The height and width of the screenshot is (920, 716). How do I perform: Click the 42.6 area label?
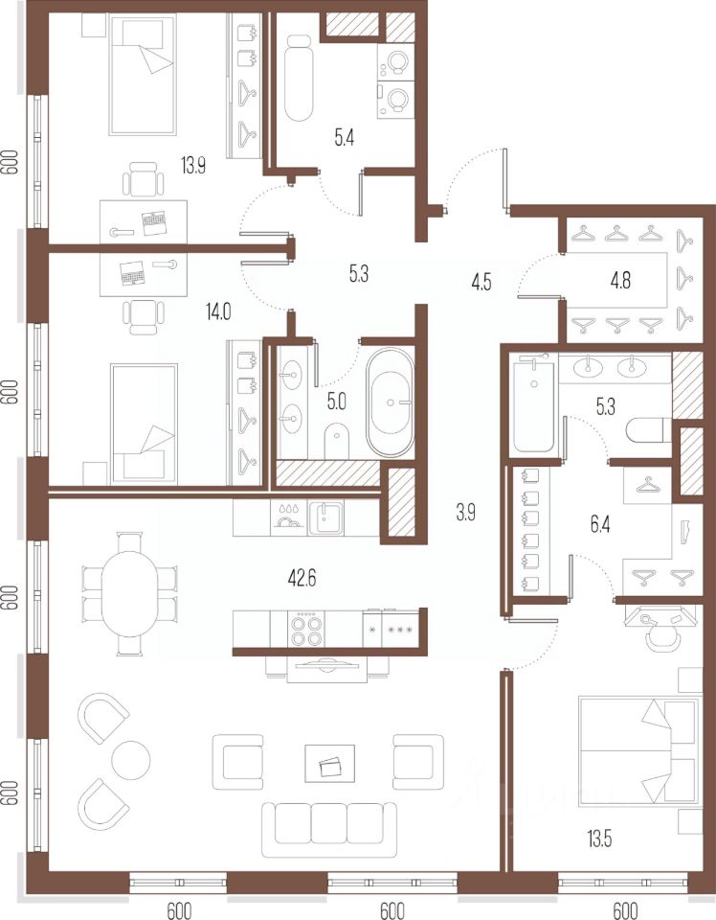302,579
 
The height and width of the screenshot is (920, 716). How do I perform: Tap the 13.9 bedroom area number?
192,166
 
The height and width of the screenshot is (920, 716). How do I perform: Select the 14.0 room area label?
218,311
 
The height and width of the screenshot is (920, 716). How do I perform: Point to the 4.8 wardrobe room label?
620,280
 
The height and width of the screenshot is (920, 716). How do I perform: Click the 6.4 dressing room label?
600,524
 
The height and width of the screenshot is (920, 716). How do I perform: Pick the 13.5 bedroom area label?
599,839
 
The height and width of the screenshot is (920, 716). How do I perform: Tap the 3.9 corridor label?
466,513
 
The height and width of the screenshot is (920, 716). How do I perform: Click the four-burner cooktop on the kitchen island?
306,629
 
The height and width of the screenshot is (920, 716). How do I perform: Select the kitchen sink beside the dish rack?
326,517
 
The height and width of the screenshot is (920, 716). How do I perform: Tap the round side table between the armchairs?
131,760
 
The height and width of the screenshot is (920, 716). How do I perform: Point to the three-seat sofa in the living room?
329,830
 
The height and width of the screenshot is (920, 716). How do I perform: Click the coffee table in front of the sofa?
329,764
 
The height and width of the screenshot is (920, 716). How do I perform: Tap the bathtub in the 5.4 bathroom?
299,78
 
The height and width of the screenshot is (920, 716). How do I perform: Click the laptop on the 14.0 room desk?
133,272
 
